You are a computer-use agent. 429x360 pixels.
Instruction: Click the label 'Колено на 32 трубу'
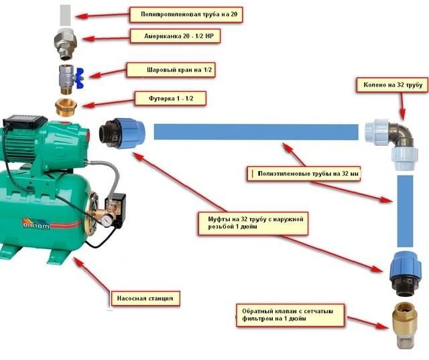pos(389,86)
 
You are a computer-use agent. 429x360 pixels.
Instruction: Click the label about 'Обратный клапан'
pos(290,316)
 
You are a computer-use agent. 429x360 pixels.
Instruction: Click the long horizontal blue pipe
pos(255,131)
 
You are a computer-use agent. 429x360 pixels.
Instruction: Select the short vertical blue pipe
pos(404,212)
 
